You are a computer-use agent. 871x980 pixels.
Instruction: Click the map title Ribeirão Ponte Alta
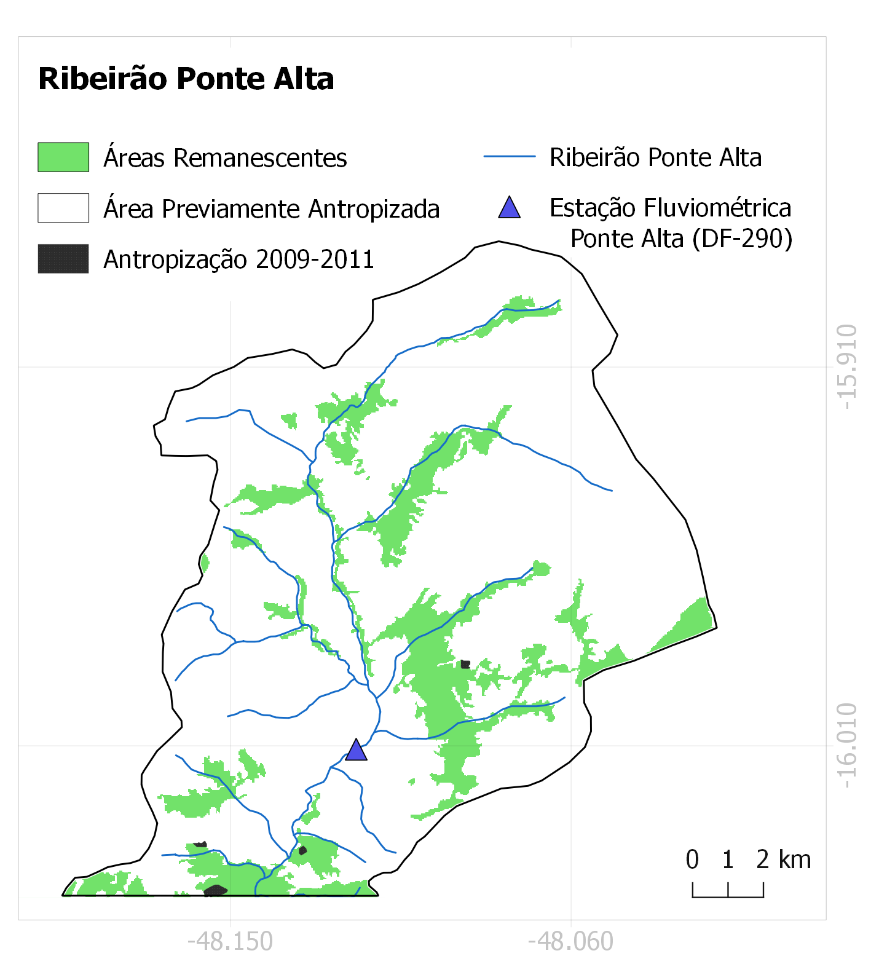(186, 79)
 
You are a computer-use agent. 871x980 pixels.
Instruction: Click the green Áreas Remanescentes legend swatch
(63, 157)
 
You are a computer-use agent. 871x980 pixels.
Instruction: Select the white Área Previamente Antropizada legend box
(63, 208)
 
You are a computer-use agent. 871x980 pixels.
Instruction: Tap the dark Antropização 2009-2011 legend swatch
(63, 259)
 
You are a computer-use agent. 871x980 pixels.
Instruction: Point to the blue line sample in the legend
(510, 157)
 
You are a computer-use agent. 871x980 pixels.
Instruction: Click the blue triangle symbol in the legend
(510, 208)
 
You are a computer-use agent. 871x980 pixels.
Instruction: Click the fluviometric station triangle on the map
(356, 751)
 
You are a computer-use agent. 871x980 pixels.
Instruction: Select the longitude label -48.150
(230, 941)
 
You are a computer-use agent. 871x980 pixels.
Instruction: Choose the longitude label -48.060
(570, 941)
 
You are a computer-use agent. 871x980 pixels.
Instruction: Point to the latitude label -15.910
(847, 367)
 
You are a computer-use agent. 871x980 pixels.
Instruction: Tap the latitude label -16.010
(847, 746)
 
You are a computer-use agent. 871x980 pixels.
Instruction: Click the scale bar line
(728, 896)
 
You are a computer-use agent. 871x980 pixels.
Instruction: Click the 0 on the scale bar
(692, 859)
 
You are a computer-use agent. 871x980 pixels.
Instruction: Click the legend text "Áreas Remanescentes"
(225, 158)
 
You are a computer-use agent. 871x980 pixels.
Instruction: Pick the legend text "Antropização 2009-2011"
(238, 259)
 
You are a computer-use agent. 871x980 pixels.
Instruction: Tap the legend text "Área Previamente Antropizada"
(271, 209)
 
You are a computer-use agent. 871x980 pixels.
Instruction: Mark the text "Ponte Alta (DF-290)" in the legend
(681, 239)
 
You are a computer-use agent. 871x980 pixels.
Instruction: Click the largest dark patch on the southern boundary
(215, 890)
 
